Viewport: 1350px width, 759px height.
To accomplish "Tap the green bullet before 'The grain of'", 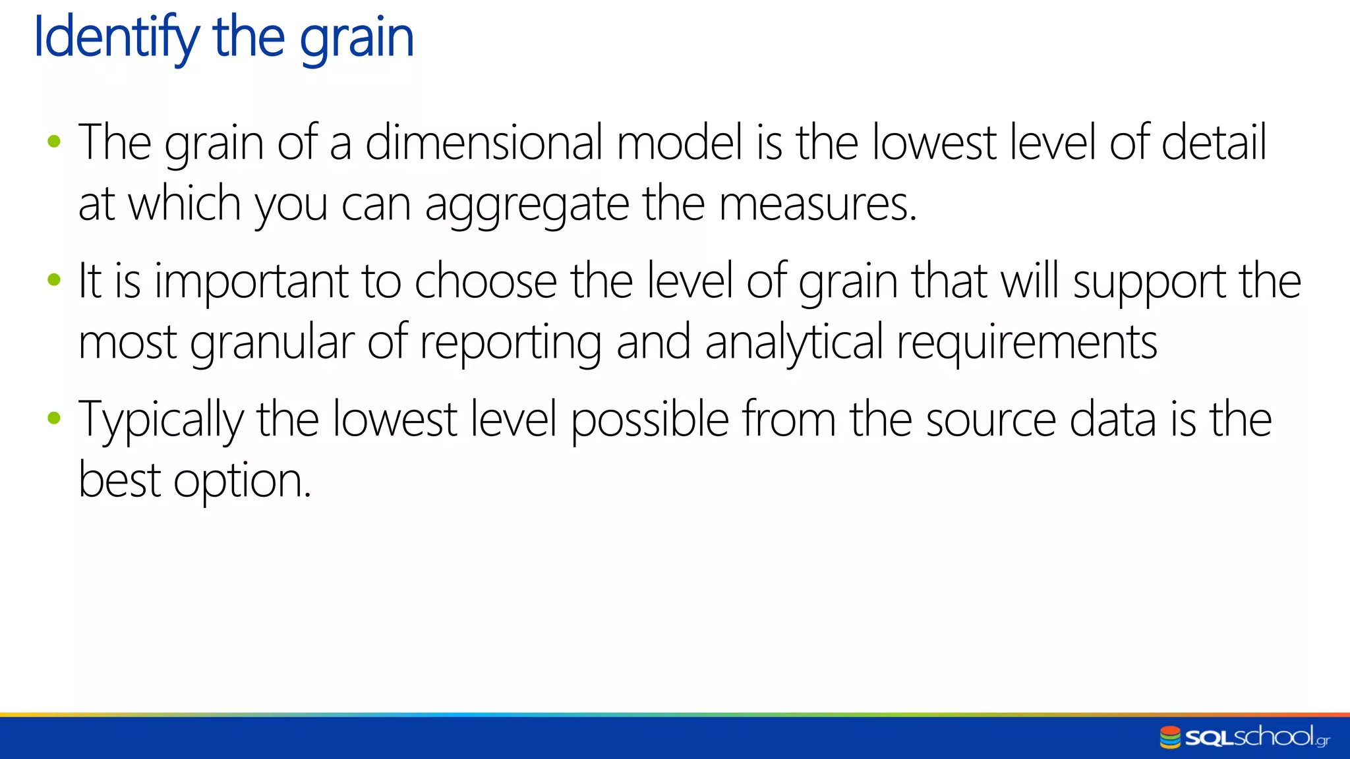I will [x=54, y=141].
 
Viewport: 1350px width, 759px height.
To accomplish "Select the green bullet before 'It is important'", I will [x=54, y=280].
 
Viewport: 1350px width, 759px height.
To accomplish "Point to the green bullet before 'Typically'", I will [x=54, y=418].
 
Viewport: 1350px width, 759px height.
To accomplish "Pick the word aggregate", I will [x=527, y=205].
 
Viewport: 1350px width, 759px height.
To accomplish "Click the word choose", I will [x=486, y=281].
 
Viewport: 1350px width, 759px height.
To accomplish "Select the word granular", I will [x=272, y=343].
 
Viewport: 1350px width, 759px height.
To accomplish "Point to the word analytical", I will [x=794, y=343].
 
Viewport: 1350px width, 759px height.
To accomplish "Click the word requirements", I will [x=1026, y=343].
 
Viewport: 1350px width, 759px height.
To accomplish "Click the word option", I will [x=241, y=482].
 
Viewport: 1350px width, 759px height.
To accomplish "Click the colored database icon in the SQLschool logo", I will [x=1170, y=737].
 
